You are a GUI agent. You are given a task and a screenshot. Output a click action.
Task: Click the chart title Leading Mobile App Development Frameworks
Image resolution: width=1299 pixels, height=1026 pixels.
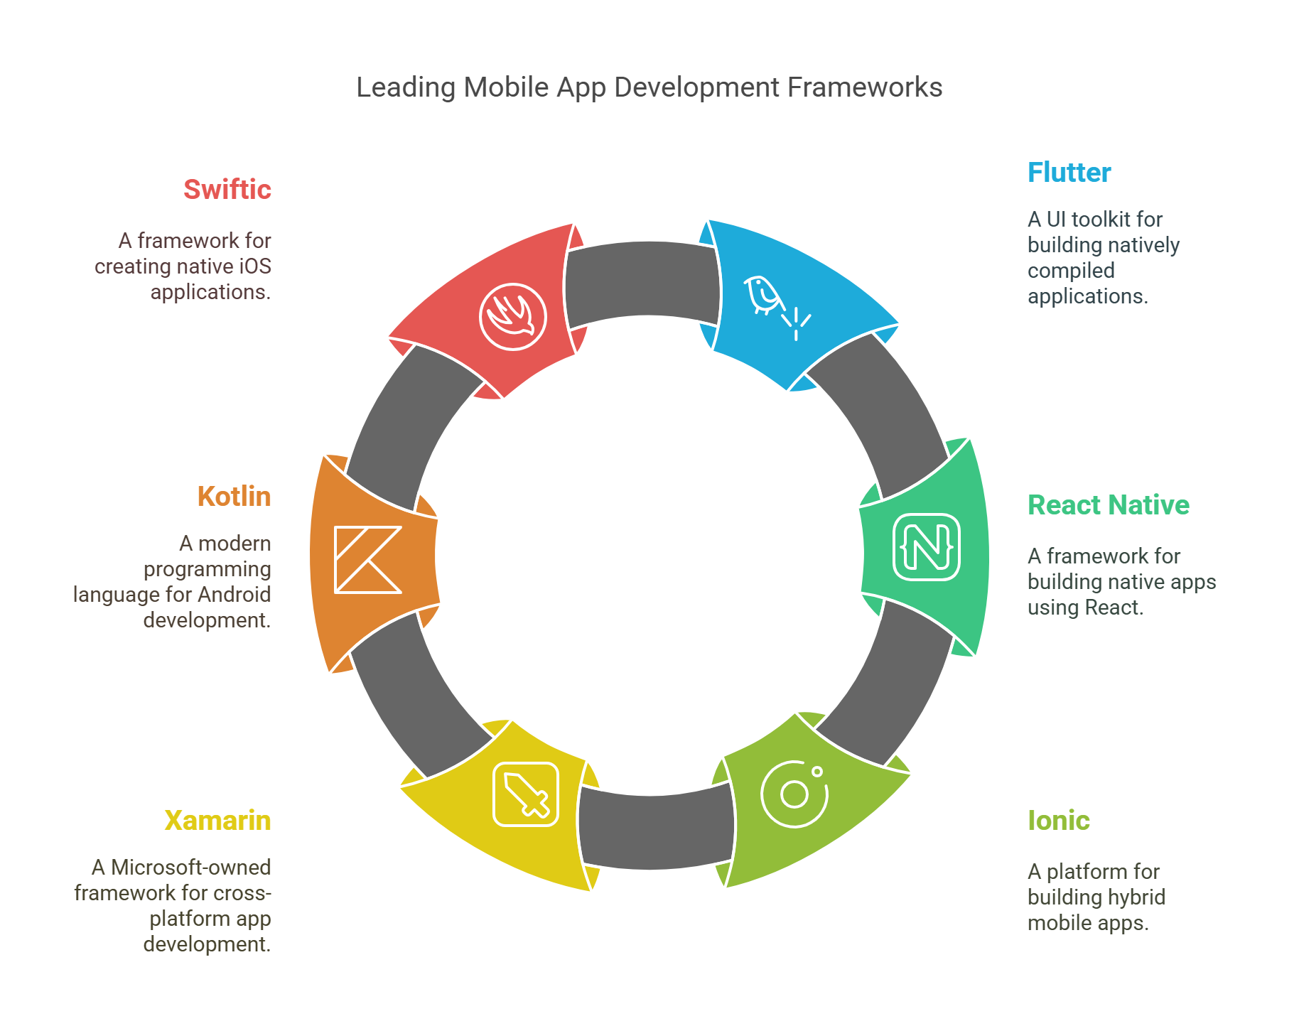649,87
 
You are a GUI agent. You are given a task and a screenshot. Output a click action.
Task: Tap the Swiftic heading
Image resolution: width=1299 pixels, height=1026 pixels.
227,190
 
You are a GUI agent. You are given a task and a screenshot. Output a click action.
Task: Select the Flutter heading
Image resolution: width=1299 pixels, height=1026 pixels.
1069,173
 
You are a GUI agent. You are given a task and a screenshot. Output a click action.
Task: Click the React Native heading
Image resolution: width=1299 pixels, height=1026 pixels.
1108,505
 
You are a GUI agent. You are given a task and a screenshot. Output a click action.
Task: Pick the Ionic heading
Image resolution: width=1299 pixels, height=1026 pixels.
1058,821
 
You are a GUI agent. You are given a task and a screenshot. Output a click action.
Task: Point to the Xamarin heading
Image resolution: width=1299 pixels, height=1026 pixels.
217,821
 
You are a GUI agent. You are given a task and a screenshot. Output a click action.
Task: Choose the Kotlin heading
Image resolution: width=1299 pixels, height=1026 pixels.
234,497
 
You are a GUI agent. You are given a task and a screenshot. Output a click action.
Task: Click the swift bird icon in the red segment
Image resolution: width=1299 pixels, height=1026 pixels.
513,317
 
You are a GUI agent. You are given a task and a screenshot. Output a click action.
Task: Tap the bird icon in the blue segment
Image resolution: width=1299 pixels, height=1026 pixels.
763,294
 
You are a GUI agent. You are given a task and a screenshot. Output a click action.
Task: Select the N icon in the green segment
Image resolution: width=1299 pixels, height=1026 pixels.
926,547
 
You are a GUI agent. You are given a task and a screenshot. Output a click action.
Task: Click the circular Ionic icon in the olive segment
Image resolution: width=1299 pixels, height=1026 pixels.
794,794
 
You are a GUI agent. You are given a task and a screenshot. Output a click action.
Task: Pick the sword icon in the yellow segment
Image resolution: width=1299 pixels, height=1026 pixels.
526,794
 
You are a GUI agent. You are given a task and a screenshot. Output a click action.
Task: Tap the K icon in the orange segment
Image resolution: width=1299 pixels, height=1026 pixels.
367,560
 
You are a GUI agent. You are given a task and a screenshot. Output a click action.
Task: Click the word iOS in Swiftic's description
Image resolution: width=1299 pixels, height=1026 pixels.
254,266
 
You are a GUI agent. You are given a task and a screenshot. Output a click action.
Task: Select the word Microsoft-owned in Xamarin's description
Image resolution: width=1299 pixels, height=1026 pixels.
190,868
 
